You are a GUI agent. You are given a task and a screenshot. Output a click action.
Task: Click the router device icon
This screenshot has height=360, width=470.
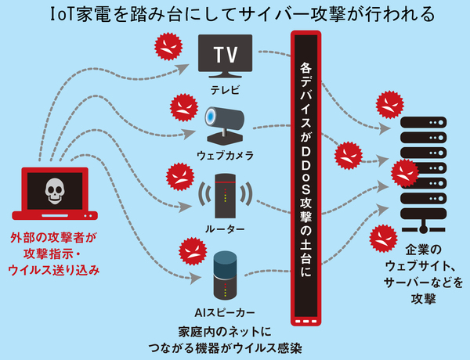225,195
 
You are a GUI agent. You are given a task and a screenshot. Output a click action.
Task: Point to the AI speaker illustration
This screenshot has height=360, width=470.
224,274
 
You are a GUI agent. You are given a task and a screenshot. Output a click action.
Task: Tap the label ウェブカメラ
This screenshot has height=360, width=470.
225,154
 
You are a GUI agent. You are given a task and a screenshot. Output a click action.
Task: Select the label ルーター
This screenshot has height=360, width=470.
225,229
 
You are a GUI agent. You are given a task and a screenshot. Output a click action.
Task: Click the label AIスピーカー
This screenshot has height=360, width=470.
225,311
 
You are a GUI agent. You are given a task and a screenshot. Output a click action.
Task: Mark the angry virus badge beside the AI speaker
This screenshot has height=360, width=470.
190,249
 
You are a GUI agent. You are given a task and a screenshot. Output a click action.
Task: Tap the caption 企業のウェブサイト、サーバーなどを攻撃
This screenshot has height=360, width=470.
423,274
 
